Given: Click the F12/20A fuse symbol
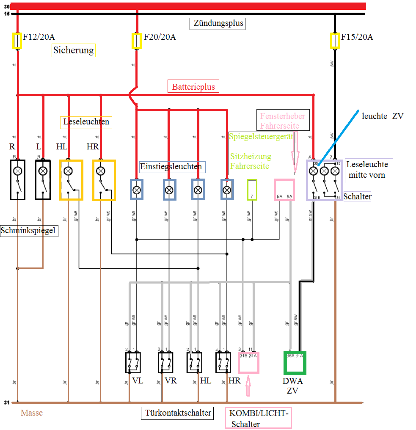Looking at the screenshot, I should [x=17, y=41].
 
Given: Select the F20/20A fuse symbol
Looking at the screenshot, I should [x=136, y=41].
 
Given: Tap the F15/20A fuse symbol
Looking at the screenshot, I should [x=335, y=41].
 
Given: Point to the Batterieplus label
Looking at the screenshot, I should [x=193, y=87].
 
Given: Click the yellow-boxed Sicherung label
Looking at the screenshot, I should [x=74, y=50].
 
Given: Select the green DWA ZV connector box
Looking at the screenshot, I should [x=295, y=363].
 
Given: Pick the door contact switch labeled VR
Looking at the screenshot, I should [x=165, y=362].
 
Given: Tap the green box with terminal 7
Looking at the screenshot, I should [x=252, y=190].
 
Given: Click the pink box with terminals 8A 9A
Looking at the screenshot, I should [x=284, y=190].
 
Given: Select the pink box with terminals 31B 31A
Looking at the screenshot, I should [x=248, y=362].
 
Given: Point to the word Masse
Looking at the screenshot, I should [x=32, y=413].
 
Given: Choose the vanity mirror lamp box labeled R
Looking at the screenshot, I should [x=18, y=179].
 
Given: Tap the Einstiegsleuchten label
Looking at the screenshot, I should [x=171, y=167].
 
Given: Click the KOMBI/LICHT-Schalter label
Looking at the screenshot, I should [x=258, y=419].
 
